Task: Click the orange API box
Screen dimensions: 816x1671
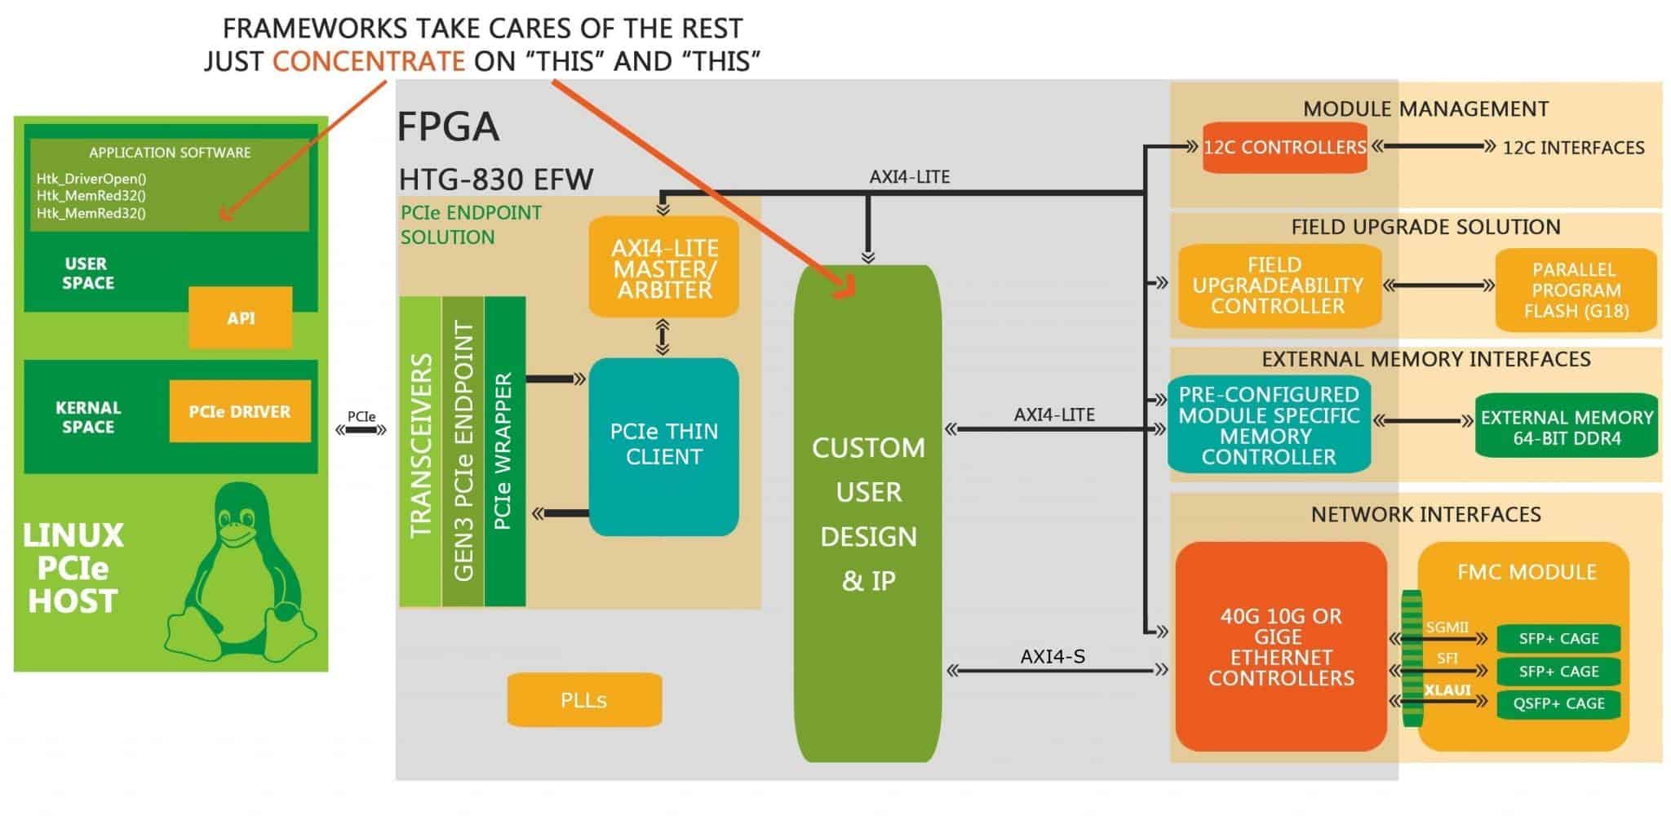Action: (240, 318)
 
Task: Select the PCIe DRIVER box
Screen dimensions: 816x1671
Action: (240, 411)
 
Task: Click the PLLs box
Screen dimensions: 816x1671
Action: (584, 700)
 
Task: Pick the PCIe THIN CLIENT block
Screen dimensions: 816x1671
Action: (663, 446)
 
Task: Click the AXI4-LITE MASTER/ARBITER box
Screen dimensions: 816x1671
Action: (663, 268)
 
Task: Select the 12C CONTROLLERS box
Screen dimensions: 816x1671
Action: (1284, 148)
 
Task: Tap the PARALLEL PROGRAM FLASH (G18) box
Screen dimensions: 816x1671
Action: (1576, 290)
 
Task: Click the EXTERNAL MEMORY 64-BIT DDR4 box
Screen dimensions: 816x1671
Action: (1567, 428)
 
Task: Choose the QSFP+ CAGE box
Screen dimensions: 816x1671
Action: (1558, 703)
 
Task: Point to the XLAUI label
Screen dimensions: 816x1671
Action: (1447, 690)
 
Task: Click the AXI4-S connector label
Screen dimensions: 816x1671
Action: (1053, 656)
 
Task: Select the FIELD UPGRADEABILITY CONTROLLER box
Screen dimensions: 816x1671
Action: (1278, 286)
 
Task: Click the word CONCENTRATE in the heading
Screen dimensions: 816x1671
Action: (368, 61)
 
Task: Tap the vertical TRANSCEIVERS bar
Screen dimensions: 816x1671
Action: (420, 452)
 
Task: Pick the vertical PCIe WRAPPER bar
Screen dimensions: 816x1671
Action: (504, 452)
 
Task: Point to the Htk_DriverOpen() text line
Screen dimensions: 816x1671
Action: (91, 179)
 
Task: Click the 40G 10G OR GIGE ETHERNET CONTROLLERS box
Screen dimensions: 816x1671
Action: (1280, 646)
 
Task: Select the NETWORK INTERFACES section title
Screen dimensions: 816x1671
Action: (1425, 514)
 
